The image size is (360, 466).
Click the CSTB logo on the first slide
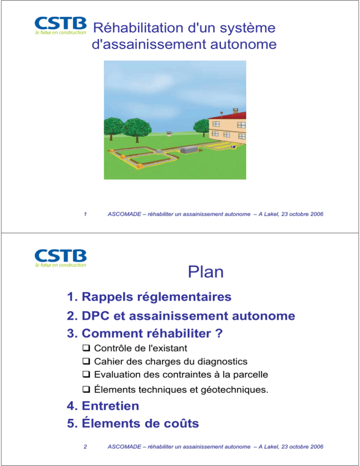[60, 26]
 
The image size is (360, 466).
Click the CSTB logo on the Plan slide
[60, 258]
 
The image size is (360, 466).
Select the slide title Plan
[206, 271]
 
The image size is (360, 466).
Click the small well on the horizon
[169, 134]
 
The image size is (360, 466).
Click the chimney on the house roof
[235, 111]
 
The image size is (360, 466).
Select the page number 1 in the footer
[85, 214]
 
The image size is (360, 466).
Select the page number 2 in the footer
[85, 446]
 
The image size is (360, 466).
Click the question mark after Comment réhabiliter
[219, 333]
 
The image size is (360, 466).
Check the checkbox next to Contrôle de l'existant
[86, 347]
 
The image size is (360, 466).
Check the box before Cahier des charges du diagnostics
[86, 361]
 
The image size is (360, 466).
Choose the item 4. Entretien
[103, 406]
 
